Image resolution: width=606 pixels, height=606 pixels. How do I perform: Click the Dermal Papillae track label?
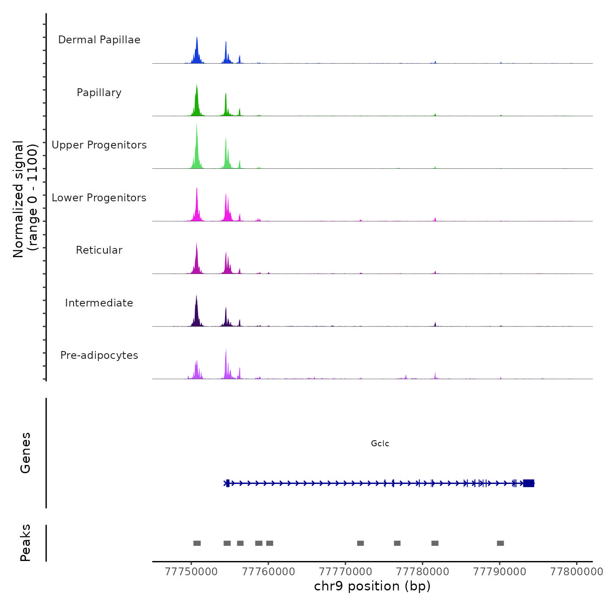pos(99,40)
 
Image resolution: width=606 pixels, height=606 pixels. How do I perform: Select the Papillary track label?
pos(99,93)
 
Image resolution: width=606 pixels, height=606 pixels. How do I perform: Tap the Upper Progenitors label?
pos(99,145)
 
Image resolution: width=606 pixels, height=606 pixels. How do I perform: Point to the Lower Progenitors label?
pos(99,198)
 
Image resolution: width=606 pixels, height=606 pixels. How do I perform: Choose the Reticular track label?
pos(99,250)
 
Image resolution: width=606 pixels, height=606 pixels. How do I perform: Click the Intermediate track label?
pos(99,303)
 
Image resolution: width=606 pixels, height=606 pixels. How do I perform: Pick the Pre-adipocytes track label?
pos(99,355)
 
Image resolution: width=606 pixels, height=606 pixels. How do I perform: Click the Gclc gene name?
pos(380,444)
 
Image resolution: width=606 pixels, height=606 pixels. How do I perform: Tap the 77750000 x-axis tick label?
pos(191,572)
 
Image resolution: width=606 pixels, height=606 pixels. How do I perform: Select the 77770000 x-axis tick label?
pos(345,572)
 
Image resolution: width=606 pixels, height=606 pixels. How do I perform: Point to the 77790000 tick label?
pos(500,572)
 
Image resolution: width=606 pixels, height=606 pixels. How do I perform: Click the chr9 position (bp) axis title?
pos(372,586)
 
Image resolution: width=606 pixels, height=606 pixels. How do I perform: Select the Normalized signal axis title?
pos(25,199)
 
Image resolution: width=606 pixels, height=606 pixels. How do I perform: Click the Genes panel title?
pos(26,453)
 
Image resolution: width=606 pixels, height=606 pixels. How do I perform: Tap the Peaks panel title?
pos(26,543)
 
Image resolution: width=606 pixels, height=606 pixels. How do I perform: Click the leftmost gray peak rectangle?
pos(197,543)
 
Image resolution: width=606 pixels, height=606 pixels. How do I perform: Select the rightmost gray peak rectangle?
pos(500,543)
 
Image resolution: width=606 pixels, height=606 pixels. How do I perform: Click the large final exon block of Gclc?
pos(529,484)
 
